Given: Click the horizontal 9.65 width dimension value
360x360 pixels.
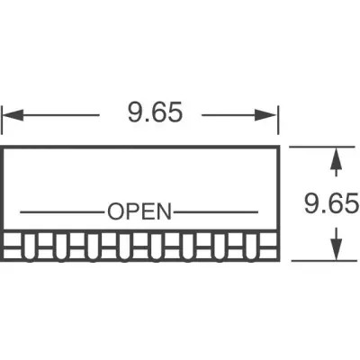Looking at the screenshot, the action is click(x=155, y=112).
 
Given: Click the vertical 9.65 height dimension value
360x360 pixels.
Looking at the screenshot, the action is click(x=331, y=203).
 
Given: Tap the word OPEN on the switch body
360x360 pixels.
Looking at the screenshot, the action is click(x=139, y=211).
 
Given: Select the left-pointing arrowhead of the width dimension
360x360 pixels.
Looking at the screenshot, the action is click(x=13, y=115).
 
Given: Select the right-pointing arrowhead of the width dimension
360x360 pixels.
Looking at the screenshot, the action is click(x=265, y=115).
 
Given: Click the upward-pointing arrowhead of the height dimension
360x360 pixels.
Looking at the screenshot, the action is click(x=337, y=157).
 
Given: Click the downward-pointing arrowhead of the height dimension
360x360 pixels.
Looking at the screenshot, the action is click(x=337, y=249).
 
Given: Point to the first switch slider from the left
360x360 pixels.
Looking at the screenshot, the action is click(x=29, y=247).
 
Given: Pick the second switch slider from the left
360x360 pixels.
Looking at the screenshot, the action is click(x=61, y=247).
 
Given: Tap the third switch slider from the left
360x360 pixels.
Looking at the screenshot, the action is click(x=93, y=247).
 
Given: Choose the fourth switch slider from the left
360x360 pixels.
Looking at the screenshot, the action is click(x=124, y=247).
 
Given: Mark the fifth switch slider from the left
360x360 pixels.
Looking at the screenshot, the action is click(x=156, y=247).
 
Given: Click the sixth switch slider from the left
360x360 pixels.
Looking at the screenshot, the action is click(x=188, y=247).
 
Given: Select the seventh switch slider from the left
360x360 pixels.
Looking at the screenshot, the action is click(x=220, y=247).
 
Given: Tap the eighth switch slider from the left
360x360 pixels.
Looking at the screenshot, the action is click(x=251, y=247).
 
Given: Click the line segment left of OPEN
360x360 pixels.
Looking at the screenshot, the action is click(x=62, y=212).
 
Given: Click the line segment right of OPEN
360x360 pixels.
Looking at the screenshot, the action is click(x=216, y=212).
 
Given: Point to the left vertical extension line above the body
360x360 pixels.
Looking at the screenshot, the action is click(x=2, y=120).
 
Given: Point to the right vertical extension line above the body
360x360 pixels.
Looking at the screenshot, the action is click(x=278, y=120).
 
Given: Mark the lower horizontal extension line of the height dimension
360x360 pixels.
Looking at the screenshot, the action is click(x=324, y=261).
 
